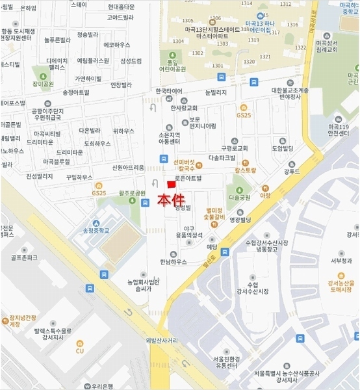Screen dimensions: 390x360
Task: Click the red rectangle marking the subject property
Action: pyautogui.click(x=172, y=185)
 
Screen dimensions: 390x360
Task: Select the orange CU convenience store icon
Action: pyautogui.click(x=80, y=351)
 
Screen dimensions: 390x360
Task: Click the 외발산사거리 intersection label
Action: pyautogui.click(x=162, y=340)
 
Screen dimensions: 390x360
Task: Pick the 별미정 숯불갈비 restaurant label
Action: pyautogui.click(x=214, y=215)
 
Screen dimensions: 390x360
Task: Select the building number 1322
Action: pyautogui.click(x=300, y=48)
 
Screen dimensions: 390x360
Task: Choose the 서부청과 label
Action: pyautogui.click(x=341, y=261)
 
